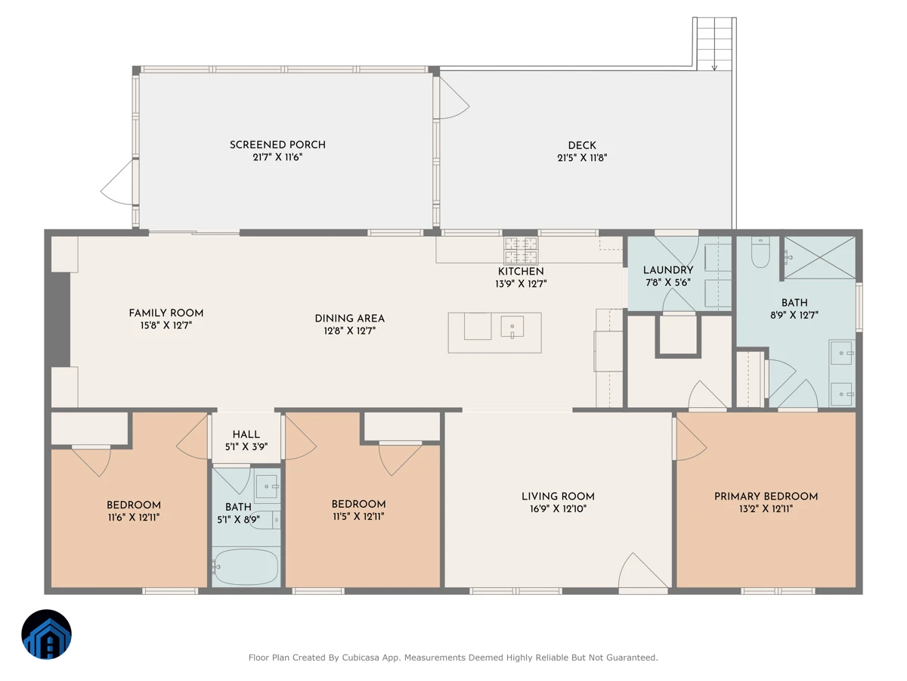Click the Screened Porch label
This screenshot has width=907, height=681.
click(x=277, y=145)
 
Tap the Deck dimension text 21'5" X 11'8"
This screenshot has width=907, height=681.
click(x=582, y=157)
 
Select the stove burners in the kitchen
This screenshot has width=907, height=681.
click(x=521, y=250)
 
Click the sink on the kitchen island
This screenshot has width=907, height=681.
click(x=512, y=327)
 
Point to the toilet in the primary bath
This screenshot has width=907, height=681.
click(x=760, y=252)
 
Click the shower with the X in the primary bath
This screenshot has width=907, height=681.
click(x=820, y=257)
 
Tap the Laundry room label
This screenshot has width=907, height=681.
click(x=668, y=270)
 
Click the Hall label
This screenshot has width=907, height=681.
click(x=246, y=434)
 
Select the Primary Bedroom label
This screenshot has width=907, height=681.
click(x=766, y=496)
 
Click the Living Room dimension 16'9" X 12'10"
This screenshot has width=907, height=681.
click(x=559, y=508)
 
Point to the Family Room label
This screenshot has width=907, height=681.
click(x=166, y=313)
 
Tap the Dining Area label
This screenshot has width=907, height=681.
click(x=350, y=319)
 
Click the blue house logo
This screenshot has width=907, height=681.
click(x=46, y=634)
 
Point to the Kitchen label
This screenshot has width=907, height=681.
click(x=521, y=271)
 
